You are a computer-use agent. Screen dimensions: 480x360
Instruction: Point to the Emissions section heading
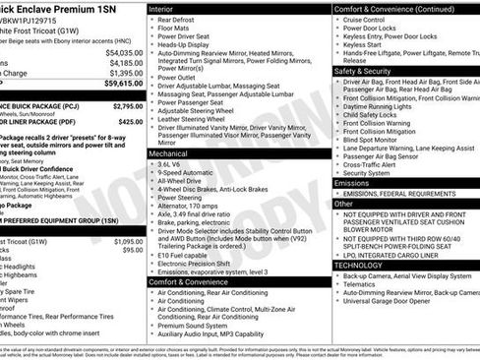[352, 183]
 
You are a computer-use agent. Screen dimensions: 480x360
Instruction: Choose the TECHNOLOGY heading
[358, 265]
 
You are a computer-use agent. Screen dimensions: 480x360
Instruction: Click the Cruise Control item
[370, 20]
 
